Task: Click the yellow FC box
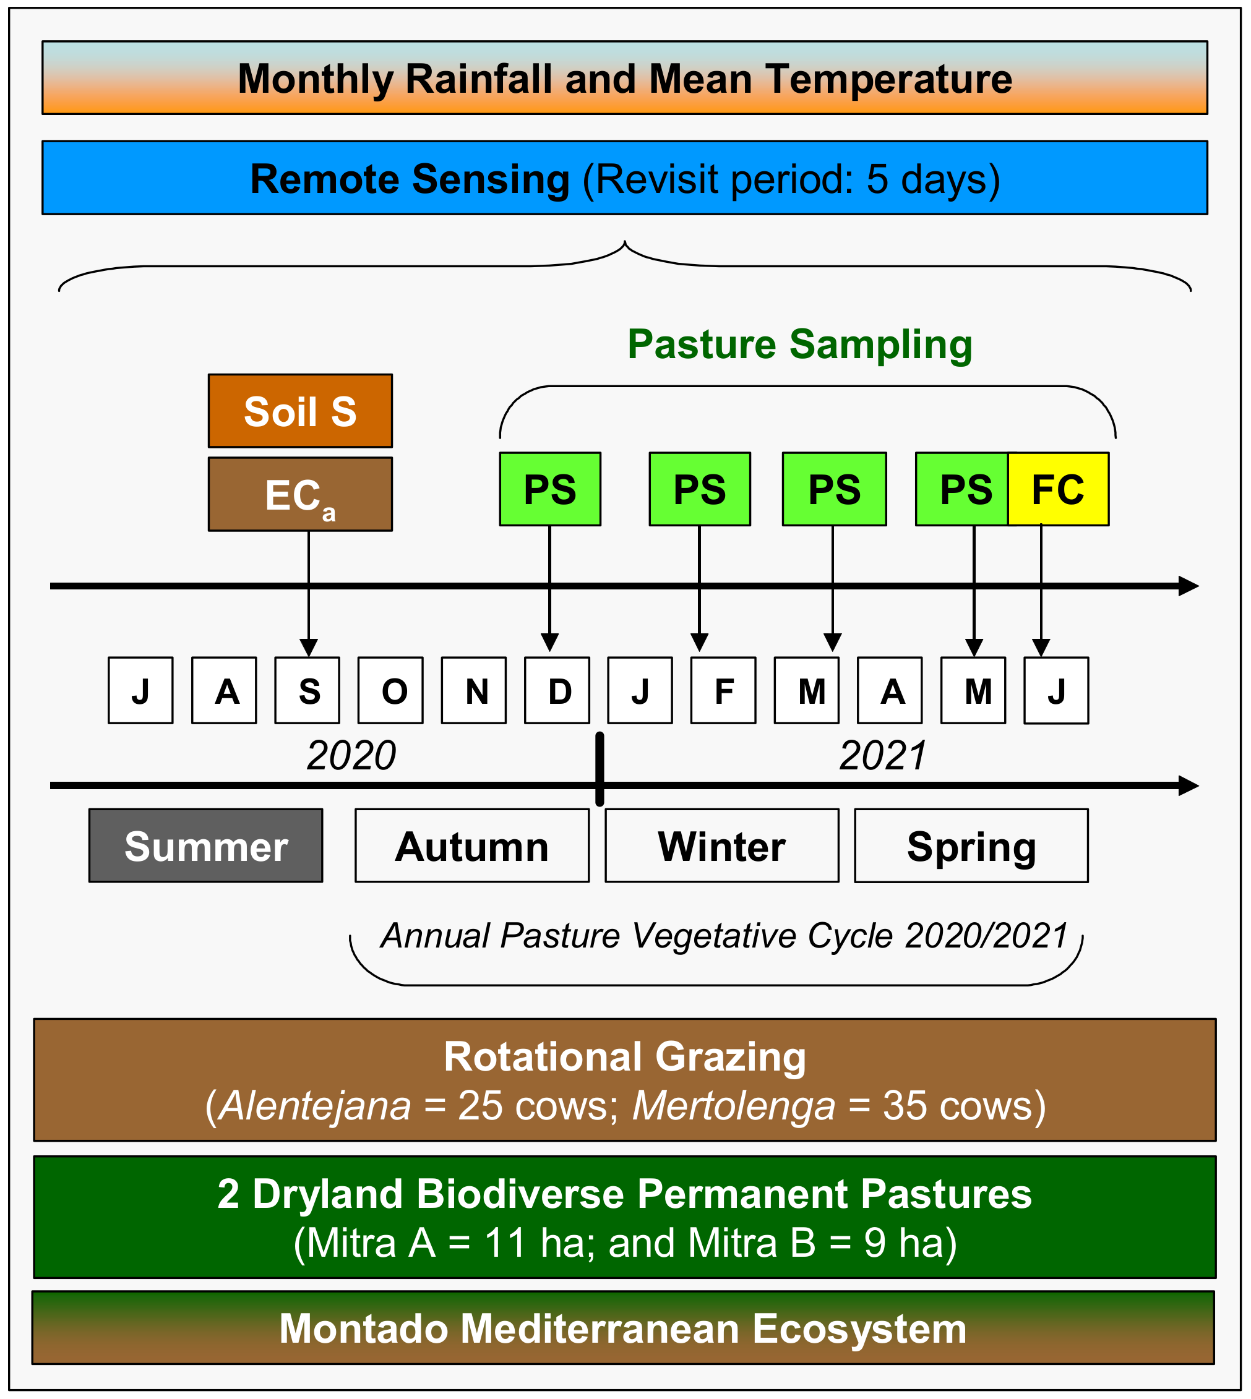(1058, 489)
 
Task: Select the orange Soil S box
(301, 411)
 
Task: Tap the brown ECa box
(301, 495)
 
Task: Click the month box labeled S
(307, 691)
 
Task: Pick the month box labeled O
(390, 691)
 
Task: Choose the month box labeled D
(557, 691)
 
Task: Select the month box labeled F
(723, 691)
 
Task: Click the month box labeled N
(473, 691)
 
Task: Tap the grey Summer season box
(205, 846)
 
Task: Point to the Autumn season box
(472, 846)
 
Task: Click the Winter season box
(722, 846)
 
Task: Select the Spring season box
(971, 846)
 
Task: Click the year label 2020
(351, 756)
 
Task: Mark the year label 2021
(883, 756)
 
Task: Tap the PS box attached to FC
(962, 489)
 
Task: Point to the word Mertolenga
(733, 1106)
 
